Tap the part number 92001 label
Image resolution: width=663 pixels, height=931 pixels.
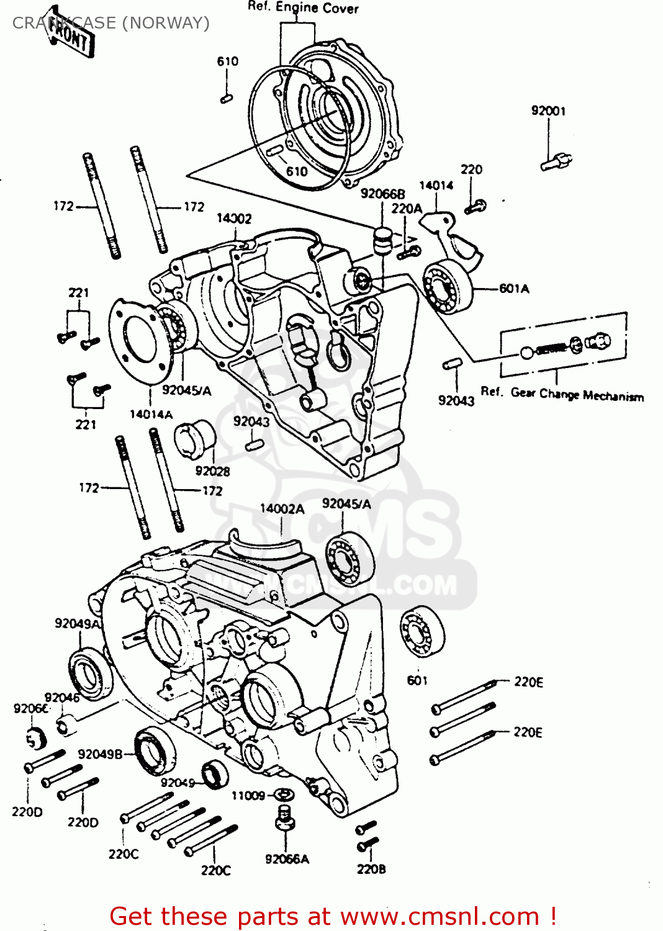click(x=548, y=111)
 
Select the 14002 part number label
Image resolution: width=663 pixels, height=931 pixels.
click(x=234, y=218)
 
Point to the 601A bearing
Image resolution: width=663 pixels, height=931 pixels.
click(x=447, y=286)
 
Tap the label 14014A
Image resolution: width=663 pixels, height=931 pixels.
click(x=151, y=414)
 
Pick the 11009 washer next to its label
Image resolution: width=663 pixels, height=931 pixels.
click(x=284, y=794)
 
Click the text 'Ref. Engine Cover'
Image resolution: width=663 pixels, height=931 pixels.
click(x=303, y=7)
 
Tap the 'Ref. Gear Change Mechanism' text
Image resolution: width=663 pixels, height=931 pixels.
click(x=562, y=394)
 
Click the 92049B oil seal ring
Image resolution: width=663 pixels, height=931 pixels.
click(x=155, y=750)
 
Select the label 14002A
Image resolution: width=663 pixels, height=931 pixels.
click(x=282, y=509)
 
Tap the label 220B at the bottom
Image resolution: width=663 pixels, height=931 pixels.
click(x=371, y=869)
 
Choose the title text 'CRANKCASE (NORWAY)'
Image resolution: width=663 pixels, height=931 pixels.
click(x=111, y=23)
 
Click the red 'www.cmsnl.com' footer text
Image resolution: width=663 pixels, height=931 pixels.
click(x=440, y=916)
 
